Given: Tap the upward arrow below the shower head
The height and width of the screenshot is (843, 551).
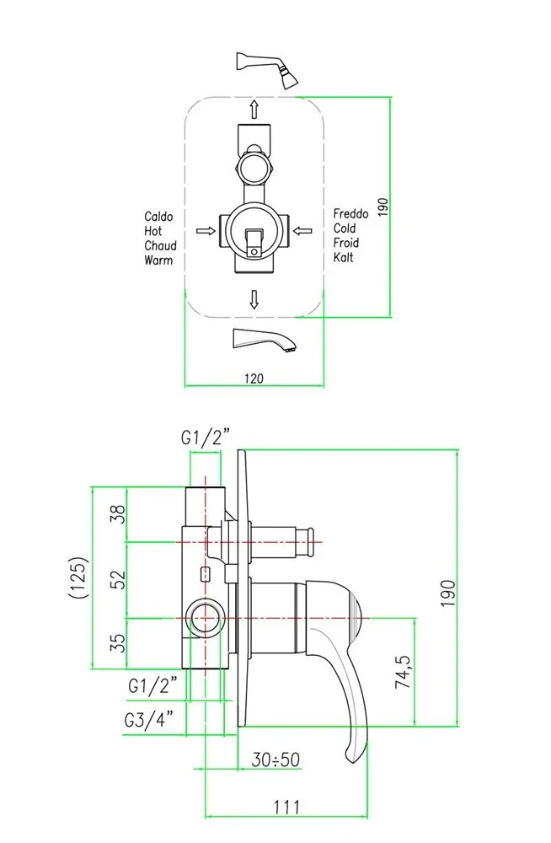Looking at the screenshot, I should [253, 107].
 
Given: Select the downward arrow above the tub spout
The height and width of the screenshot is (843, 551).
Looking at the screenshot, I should [254, 299].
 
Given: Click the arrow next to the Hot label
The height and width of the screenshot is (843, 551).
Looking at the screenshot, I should [203, 229].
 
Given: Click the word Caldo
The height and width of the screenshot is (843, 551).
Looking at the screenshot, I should [158, 217].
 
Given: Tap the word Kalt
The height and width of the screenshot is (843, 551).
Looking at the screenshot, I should [343, 257].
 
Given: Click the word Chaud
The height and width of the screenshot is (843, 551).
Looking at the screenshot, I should [160, 245].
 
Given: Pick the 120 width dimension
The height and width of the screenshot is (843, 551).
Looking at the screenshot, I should [254, 379].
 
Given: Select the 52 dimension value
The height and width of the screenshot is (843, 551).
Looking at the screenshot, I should [118, 579].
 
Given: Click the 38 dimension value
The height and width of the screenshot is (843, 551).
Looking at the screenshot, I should [118, 513].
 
